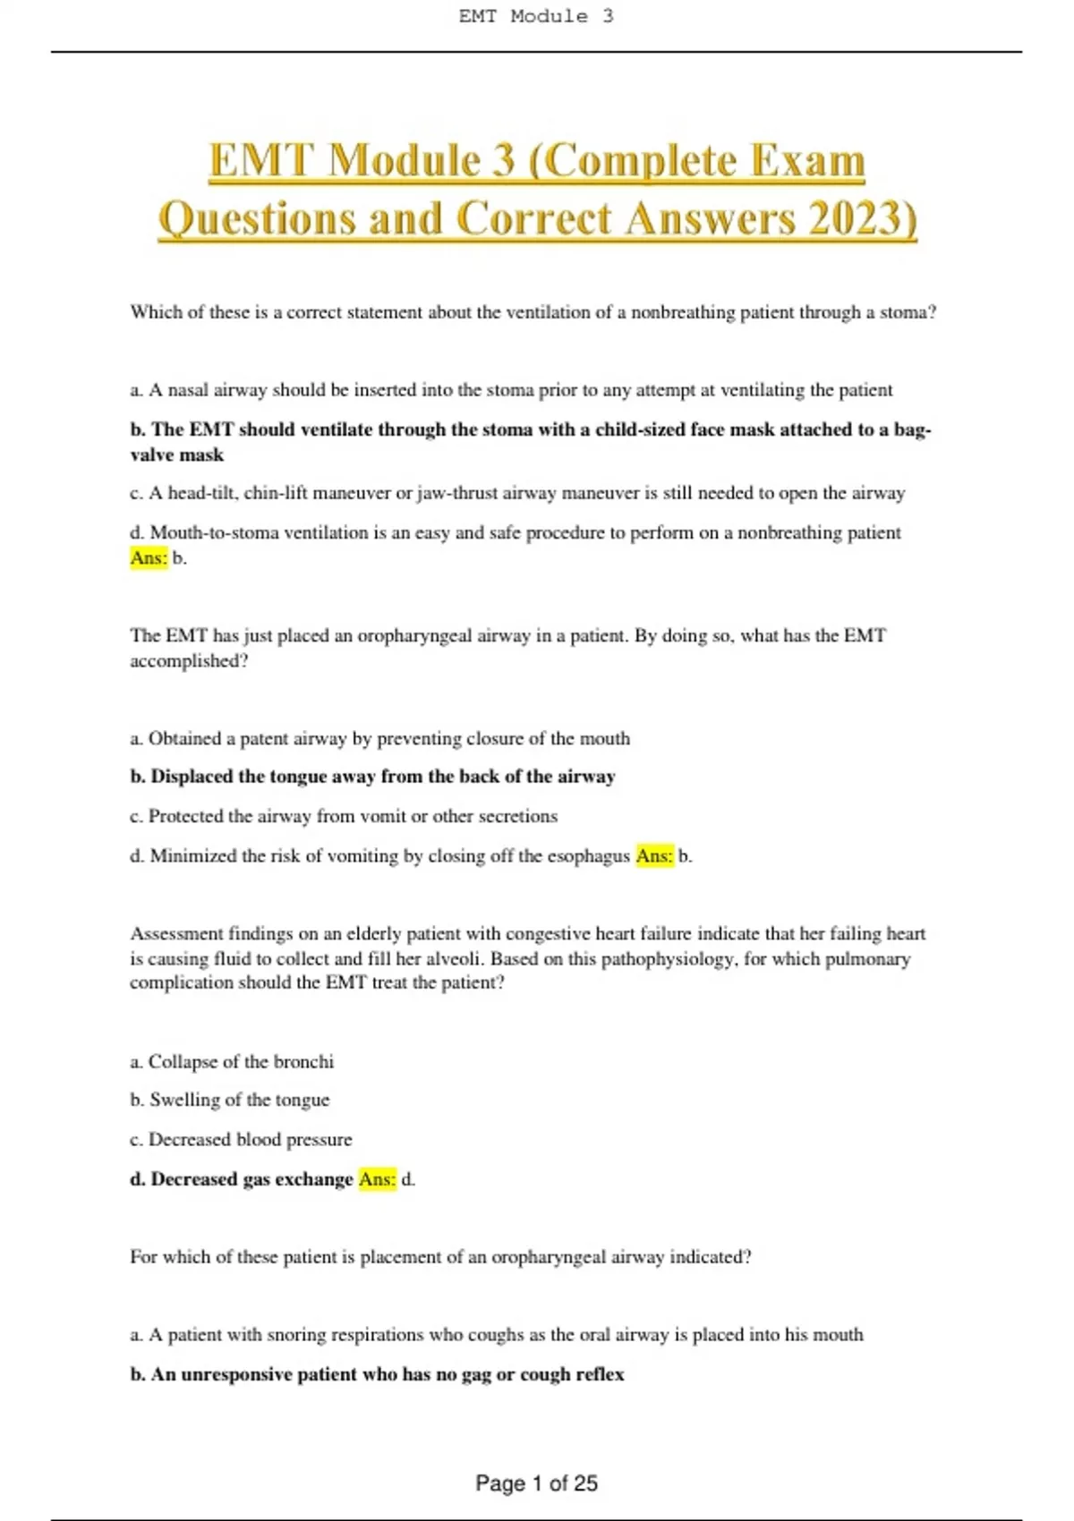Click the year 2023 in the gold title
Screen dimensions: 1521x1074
tap(857, 218)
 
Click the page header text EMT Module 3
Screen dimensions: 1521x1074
tap(536, 16)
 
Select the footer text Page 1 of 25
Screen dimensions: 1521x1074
tap(536, 1483)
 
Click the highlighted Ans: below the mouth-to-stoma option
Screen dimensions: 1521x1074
tap(149, 558)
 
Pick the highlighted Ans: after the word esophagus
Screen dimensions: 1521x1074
tap(654, 856)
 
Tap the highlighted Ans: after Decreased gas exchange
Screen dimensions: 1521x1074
tap(377, 1179)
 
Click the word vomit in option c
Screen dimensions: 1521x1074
tap(382, 816)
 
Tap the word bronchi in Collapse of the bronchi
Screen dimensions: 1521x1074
tap(303, 1062)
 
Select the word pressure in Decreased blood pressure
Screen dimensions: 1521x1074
tap(319, 1140)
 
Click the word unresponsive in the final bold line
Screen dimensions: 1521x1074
tap(236, 1374)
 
